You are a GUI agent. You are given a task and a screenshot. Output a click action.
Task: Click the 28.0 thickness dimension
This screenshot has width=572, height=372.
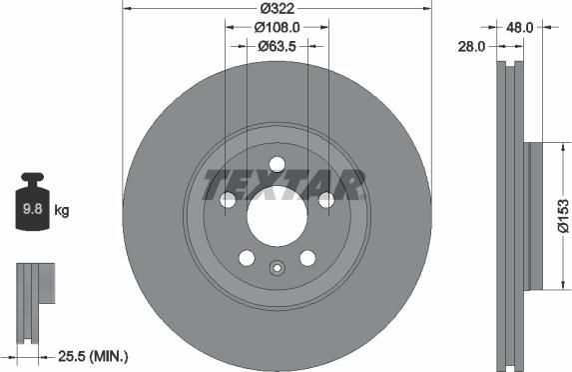coord(472,46)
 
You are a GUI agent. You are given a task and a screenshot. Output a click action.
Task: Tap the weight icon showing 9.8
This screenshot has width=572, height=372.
coord(34,207)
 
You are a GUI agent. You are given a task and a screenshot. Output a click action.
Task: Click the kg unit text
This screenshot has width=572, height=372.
coord(62,210)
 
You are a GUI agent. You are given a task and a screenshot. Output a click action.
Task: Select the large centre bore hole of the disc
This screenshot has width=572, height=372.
coord(277,213)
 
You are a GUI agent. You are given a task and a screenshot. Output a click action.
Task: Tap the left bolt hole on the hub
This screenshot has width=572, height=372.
coord(229,201)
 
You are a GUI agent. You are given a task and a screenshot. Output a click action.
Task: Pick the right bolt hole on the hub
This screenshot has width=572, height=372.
coord(325,201)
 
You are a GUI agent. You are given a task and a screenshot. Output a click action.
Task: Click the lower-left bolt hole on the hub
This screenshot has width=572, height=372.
coord(247,258)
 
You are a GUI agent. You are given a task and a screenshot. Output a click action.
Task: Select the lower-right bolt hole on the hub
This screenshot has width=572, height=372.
coord(306,258)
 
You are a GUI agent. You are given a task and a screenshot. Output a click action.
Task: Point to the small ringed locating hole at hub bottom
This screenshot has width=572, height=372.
coord(277,267)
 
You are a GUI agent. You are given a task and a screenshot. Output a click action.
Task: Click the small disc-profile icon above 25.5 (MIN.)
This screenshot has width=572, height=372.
coord(33,290)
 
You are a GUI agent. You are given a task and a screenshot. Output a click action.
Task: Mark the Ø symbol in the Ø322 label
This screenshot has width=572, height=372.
coord(261,9)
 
